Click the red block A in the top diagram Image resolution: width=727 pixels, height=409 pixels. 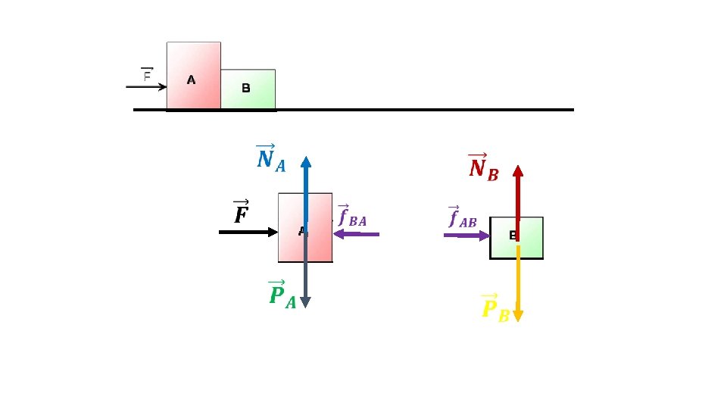(194, 76)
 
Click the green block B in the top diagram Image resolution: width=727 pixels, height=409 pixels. (248, 89)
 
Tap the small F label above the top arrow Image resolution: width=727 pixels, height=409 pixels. (147, 74)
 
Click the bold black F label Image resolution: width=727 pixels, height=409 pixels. (242, 213)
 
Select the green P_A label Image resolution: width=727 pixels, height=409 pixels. (282, 295)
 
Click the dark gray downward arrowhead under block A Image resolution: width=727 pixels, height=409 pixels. (305, 301)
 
